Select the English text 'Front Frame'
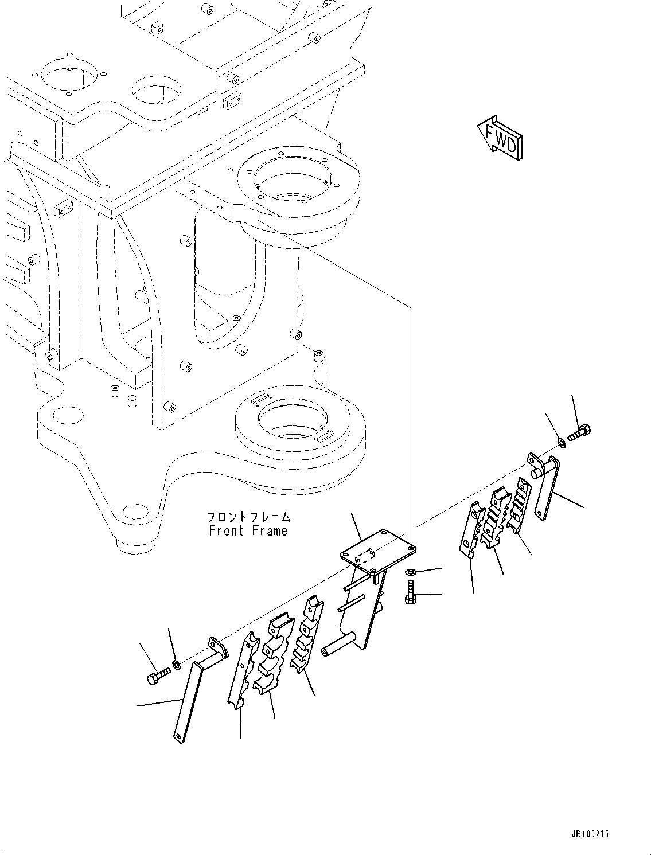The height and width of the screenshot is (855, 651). click(x=248, y=530)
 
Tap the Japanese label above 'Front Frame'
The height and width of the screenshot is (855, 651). click(x=248, y=517)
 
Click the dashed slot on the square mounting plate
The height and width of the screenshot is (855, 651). click(x=365, y=555)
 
